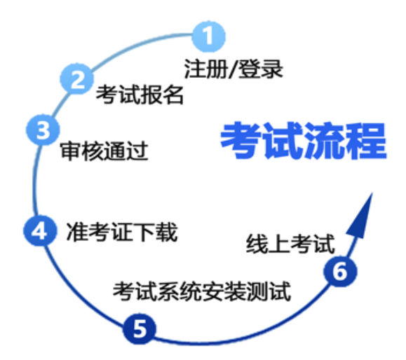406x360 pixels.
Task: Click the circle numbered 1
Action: (x=208, y=36)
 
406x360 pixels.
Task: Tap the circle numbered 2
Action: (x=77, y=78)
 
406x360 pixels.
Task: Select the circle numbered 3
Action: (x=43, y=130)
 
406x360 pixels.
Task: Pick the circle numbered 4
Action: (x=39, y=230)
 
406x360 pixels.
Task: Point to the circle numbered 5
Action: (x=140, y=328)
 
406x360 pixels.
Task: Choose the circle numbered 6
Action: (x=340, y=271)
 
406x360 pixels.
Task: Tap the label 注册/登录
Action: (x=234, y=69)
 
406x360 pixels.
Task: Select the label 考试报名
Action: (x=140, y=95)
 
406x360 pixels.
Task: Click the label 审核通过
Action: (x=104, y=151)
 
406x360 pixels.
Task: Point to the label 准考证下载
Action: (x=122, y=232)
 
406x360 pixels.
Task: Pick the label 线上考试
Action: (x=290, y=244)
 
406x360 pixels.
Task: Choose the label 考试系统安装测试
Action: (x=202, y=291)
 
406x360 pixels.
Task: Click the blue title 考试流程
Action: (x=304, y=141)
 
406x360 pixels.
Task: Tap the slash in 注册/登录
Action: (x=233, y=69)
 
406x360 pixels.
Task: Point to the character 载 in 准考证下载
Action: (x=167, y=232)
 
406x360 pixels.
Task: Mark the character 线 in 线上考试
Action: (x=257, y=244)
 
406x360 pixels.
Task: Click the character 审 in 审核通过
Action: (x=71, y=151)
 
